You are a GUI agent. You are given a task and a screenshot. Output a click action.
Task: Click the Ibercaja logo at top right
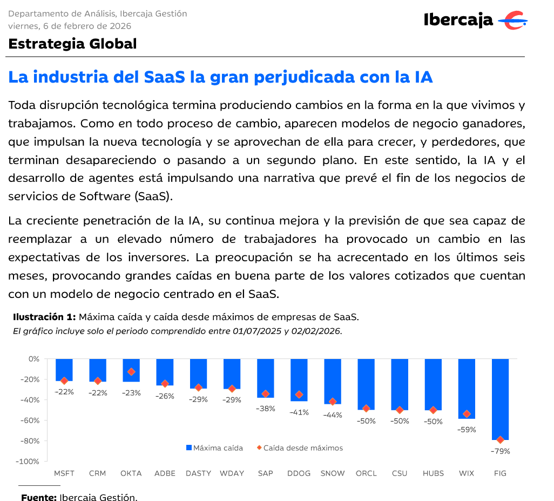475,21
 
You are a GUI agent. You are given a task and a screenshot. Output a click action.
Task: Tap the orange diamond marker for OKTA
131,372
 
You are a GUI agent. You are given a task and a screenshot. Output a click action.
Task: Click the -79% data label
500,451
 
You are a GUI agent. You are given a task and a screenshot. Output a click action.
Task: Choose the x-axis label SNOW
333,473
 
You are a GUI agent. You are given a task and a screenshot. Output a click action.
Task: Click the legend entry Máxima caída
214,448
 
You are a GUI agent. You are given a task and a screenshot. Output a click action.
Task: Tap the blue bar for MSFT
64,369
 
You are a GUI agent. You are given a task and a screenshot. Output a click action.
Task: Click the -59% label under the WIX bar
467,430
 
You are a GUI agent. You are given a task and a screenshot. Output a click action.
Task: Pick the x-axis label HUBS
433,473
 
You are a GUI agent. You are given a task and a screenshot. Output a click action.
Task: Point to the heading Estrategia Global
72,44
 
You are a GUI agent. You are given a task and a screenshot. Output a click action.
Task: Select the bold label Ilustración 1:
44,317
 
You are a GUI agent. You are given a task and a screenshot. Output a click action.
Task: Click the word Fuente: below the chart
39,497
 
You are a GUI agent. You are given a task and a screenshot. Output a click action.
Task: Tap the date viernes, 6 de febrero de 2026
70,26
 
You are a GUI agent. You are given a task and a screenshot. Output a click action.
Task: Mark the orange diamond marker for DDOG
299,395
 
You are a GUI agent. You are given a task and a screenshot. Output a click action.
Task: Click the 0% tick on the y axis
34,359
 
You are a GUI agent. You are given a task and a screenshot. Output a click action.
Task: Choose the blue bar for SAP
266,378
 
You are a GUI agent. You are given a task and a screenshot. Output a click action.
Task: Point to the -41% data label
299,412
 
